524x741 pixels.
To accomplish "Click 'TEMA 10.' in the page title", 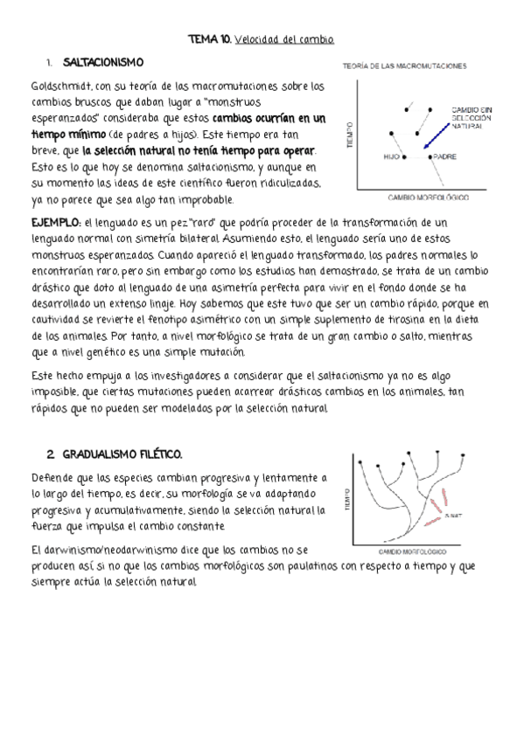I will (208, 40).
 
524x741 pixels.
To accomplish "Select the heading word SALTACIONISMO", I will (103, 63).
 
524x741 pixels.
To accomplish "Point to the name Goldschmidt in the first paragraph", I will (60, 87).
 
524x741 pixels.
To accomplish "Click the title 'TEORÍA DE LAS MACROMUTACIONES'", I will (403, 66).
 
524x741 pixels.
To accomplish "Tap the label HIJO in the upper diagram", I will (391, 156).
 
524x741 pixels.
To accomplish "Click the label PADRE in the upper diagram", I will (444, 156).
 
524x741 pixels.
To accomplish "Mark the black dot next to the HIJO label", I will (404, 156).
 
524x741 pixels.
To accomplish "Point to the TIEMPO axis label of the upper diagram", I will (349, 133).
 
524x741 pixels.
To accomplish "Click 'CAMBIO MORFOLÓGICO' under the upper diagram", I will (423, 198).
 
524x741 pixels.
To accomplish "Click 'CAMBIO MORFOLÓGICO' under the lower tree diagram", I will (412, 551).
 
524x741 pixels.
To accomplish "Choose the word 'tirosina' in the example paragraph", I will (425, 319).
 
